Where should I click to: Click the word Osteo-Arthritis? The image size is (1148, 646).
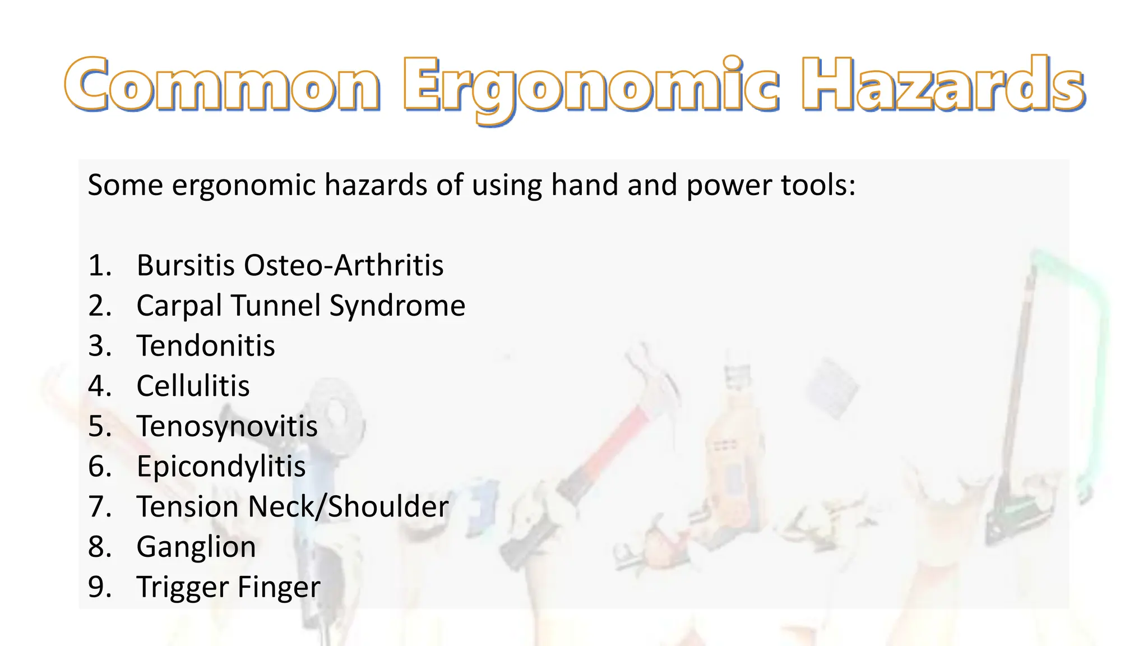[344, 265]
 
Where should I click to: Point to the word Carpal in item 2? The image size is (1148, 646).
[179, 306]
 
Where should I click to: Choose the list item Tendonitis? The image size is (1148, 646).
[206, 346]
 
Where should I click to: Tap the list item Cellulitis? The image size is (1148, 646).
[193, 386]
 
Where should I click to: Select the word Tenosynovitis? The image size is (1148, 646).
[227, 427]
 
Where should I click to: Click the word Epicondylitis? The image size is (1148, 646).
[221, 467]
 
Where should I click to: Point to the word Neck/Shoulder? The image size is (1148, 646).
[348, 507]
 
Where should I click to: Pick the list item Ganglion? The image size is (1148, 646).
[196, 547]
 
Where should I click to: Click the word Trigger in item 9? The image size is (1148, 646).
[183, 588]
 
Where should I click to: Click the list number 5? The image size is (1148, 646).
[99, 427]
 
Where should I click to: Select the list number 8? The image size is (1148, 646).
[99, 547]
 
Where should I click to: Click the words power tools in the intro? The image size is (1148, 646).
[770, 185]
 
